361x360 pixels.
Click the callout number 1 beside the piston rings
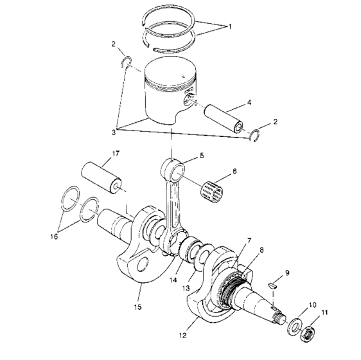(x=229, y=28)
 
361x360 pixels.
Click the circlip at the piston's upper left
(x=127, y=62)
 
